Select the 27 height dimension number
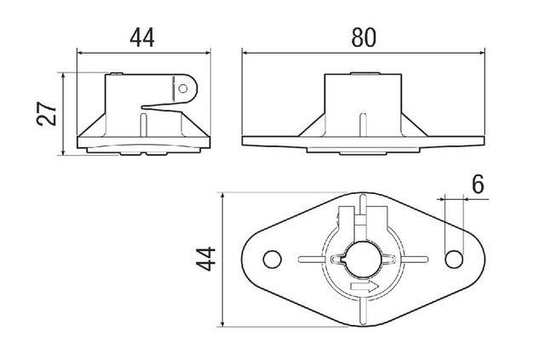pos(49,114)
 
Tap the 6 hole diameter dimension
pos(477,184)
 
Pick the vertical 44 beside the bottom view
pos(204,259)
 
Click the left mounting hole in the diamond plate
pos(272,259)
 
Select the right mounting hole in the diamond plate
pos(455,259)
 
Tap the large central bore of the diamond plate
pos(364,258)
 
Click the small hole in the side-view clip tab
pos(184,87)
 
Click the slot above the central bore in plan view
pos(364,223)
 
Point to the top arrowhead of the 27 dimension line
pos(65,76)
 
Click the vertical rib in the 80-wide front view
pos(364,124)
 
